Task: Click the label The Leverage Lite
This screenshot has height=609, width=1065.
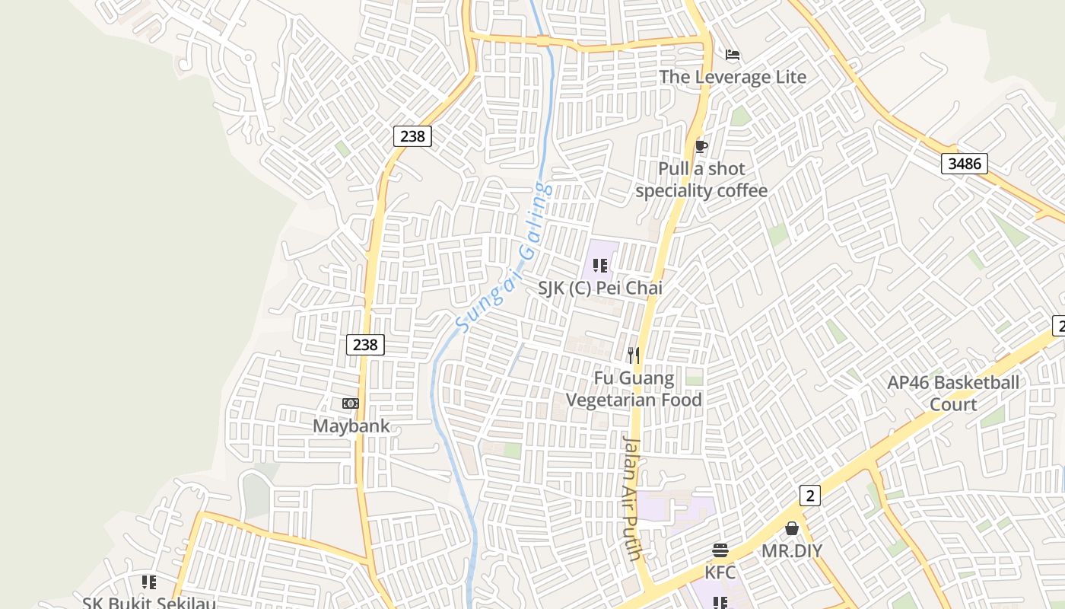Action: click(732, 77)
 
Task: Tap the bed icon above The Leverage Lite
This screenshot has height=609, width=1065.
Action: click(733, 55)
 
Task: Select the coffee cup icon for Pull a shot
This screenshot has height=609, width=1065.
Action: click(701, 146)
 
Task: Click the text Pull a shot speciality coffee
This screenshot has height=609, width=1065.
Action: click(701, 180)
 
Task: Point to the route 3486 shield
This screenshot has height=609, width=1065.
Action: click(964, 163)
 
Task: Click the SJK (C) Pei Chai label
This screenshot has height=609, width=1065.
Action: click(599, 288)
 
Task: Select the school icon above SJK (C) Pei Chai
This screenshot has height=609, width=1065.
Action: click(599, 266)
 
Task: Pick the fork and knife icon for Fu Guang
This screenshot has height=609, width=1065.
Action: click(634, 356)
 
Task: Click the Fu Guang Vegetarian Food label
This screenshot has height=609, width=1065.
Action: click(634, 389)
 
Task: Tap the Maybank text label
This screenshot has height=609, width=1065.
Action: click(351, 426)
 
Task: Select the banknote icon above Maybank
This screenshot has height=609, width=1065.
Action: click(351, 403)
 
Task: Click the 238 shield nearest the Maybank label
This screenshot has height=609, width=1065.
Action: click(365, 345)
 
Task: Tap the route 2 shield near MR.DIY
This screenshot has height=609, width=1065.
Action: click(810, 496)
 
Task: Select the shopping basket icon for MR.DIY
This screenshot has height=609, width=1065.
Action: click(792, 528)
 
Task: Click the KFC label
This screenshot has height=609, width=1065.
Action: click(720, 572)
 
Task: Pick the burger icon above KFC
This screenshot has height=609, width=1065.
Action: click(720, 550)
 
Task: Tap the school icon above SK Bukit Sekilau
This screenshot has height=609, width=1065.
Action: click(149, 582)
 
